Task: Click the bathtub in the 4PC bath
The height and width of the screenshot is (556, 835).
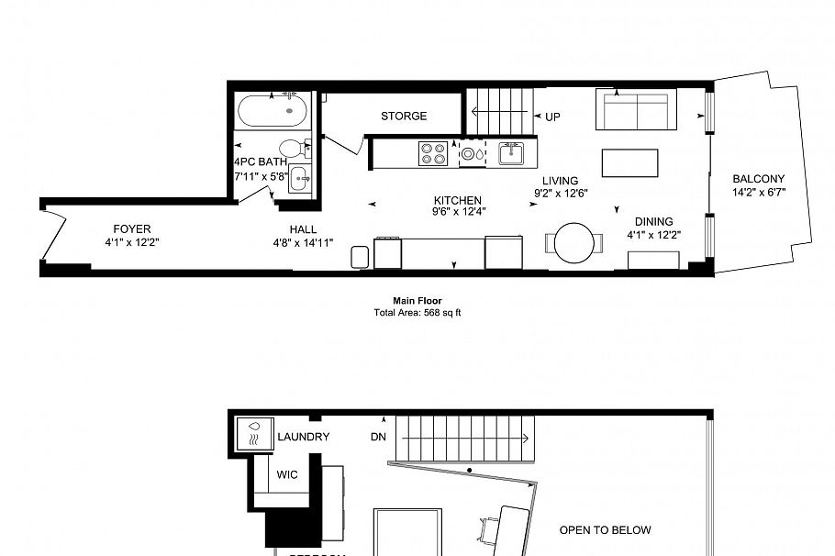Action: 273,113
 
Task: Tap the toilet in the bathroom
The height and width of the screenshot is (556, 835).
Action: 293,149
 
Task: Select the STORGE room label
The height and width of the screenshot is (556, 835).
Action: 404,117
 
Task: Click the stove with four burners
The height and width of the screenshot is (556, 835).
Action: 433,152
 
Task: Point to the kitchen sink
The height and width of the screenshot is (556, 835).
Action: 510,152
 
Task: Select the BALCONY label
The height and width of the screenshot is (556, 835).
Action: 759,179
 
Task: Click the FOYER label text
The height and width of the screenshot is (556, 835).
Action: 132,228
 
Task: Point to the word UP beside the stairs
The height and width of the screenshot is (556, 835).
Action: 552,117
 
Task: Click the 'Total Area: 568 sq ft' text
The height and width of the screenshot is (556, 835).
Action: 417,312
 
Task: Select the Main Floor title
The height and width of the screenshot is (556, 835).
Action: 417,301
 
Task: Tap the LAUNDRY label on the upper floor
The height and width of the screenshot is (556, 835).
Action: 303,437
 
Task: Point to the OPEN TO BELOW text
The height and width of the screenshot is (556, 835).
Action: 606,529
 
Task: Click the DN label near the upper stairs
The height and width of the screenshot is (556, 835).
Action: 378,437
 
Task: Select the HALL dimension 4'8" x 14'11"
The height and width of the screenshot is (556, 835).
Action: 303,242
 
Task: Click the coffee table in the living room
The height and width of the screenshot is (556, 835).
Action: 629,162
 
